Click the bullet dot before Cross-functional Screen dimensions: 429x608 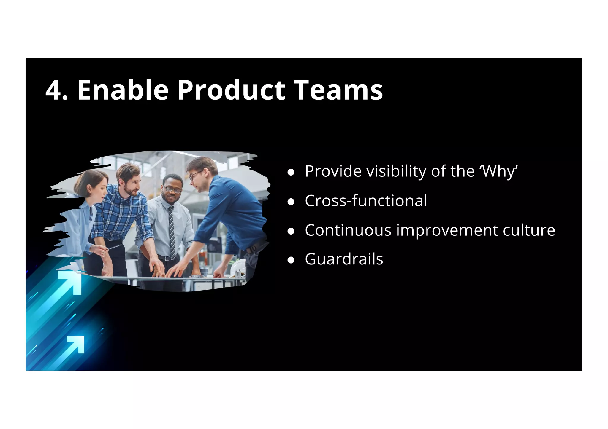coord(291,202)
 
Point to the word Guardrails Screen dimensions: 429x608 coord(344,259)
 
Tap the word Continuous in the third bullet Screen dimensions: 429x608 coord(348,230)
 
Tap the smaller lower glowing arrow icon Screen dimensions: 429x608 coord(76,344)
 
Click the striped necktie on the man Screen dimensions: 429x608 coord(172,231)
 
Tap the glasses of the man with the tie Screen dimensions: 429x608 coord(172,189)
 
